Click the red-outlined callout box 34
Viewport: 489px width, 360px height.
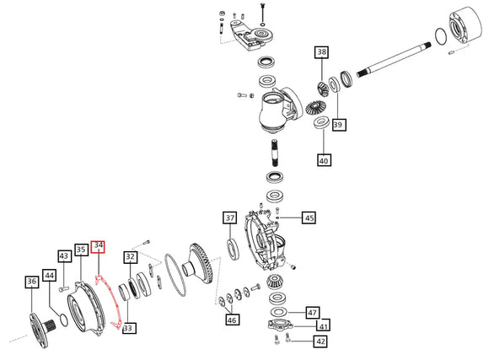point(98,246)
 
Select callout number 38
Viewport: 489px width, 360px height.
point(321,52)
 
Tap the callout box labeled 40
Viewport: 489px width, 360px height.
point(324,160)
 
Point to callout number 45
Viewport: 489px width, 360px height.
point(309,218)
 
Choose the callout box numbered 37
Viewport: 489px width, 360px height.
point(230,218)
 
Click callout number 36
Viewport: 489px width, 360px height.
point(32,282)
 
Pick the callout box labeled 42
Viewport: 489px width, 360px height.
point(320,341)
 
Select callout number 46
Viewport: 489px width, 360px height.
point(232,320)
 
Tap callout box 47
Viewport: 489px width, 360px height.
point(312,312)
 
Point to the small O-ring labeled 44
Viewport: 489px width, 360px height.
point(63,320)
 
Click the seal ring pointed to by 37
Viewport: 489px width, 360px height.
point(233,250)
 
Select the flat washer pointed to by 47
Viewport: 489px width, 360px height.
point(279,312)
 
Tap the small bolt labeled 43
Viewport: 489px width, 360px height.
point(63,289)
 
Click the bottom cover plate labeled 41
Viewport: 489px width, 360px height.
point(281,325)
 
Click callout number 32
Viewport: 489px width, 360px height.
point(131,257)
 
